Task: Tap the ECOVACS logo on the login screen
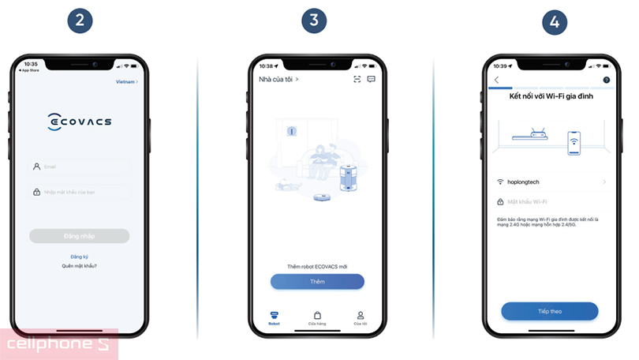tap(80, 122)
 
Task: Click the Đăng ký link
tap(80, 257)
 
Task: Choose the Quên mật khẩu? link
tap(80, 266)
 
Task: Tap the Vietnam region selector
tap(126, 81)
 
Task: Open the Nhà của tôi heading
tap(278, 79)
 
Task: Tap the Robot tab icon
tap(274, 317)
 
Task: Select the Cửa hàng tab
tap(317, 317)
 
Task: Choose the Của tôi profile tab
tap(361, 317)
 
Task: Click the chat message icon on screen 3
tap(371, 79)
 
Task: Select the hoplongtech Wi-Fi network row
tap(552, 182)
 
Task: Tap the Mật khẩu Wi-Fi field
tap(552, 201)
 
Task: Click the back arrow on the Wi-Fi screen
tap(496, 80)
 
